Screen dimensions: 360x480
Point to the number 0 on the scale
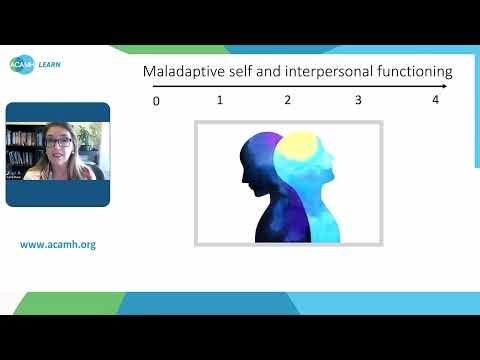pyautogui.click(x=156, y=101)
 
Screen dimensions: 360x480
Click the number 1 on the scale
pyautogui.click(x=219, y=100)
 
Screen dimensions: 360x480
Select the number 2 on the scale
pyautogui.click(x=288, y=100)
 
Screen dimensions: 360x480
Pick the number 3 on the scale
pyautogui.click(x=358, y=100)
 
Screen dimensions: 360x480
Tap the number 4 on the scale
pyautogui.click(x=435, y=100)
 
